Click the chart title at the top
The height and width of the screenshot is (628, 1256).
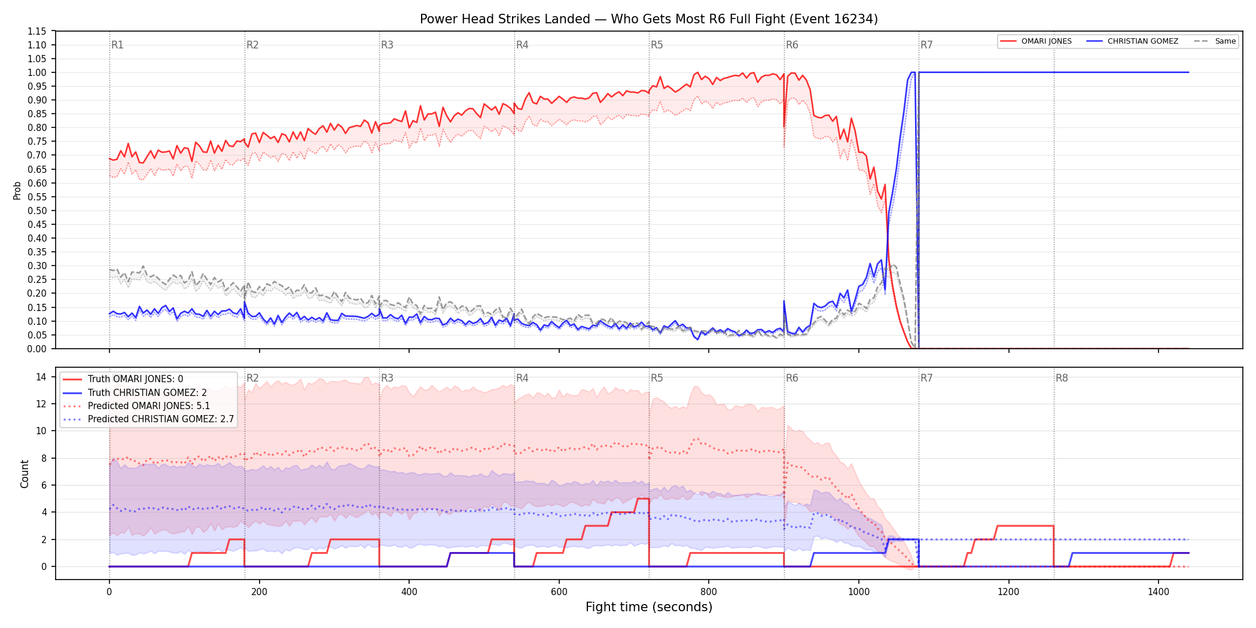(649, 19)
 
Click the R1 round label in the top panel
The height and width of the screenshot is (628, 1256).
(117, 45)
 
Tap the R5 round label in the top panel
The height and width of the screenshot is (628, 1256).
(657, 45)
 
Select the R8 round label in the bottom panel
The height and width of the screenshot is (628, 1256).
(1062, 378)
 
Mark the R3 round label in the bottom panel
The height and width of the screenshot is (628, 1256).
(387, 378)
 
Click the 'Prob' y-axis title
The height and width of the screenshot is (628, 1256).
(17, 190)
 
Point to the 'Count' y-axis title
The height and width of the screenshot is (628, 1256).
(25, 474)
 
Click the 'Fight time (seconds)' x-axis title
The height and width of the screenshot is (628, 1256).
(649, 607)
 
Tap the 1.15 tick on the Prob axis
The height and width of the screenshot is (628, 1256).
(37, 31)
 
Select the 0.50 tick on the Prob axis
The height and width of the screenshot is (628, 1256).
(37, 211)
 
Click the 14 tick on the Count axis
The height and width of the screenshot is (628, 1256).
(41, 377)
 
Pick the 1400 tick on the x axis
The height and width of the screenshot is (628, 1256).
(1159, 592)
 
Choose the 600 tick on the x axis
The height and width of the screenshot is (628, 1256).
(559, 592)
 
